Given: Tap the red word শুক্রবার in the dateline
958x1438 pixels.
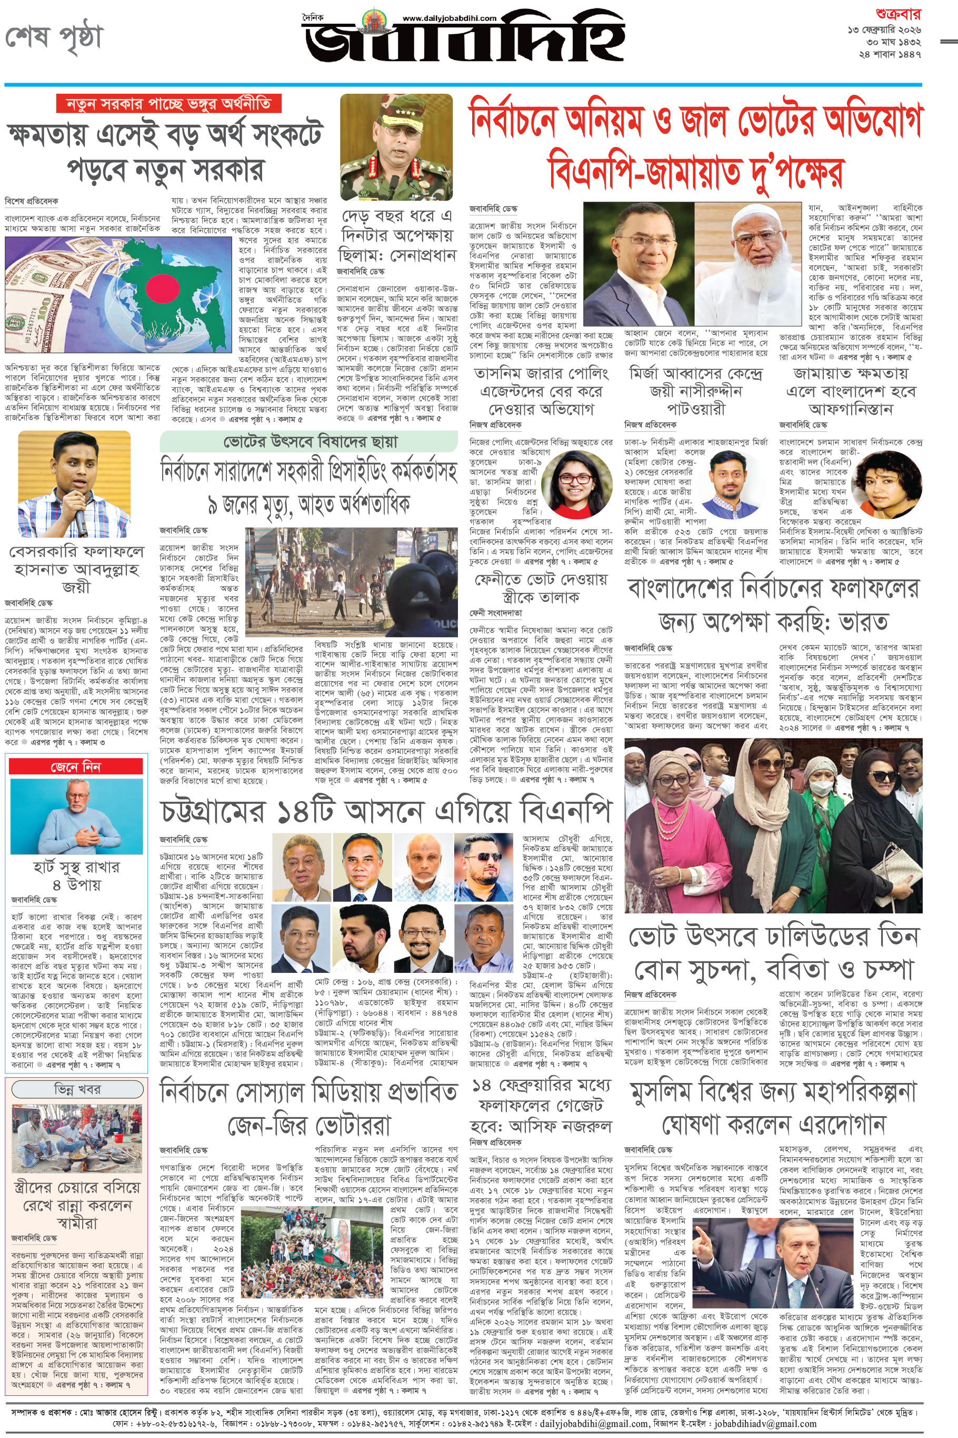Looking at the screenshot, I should pos(898,14).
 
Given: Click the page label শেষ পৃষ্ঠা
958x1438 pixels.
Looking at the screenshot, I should pos(54,37).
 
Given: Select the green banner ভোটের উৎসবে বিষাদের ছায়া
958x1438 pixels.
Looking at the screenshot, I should pos(309,441).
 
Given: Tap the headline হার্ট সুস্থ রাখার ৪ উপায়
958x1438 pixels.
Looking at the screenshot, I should pos(76,875).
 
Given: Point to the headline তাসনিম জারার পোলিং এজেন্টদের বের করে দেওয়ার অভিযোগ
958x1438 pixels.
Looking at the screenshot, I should pos(541,391).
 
